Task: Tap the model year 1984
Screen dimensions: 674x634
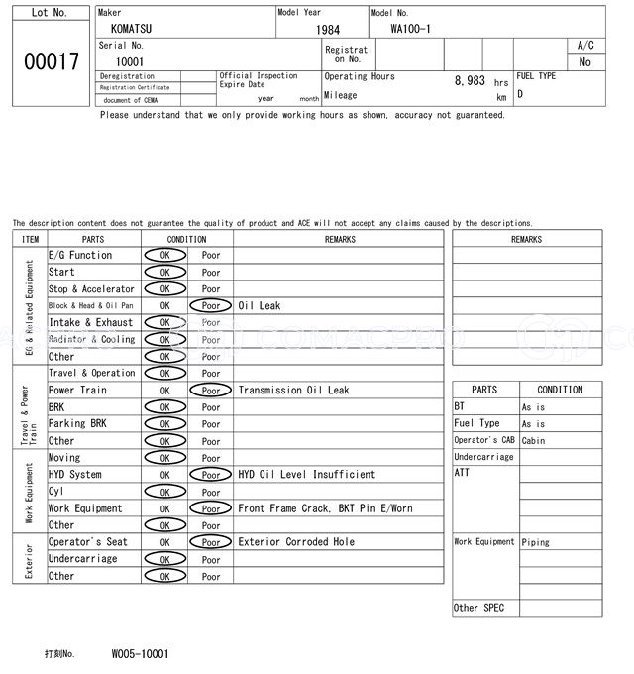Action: (328, 30)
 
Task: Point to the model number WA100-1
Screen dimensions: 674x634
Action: (410, 29)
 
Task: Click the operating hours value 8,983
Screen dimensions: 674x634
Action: (470, 81)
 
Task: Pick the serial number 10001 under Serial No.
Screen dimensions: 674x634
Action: (130, 61)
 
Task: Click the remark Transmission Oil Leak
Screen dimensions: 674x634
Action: (293, 391)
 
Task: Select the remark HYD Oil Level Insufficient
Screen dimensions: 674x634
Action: (307, 475)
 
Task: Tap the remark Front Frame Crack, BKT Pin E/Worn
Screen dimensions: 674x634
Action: (325, 508)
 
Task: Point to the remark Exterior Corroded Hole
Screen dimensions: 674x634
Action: (296, 542)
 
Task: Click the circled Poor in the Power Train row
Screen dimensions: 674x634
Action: (211, 391)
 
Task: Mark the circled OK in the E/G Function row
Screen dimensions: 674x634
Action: (164, 255)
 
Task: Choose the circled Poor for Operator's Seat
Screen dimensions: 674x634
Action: (211, 542)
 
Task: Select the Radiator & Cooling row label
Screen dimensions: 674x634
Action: (92, 339)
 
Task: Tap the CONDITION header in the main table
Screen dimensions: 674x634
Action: (186, 239)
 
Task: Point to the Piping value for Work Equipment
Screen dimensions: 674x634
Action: (535, 542)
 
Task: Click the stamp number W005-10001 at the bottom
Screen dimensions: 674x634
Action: (140, 654)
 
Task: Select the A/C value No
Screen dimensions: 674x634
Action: (584, 62)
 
